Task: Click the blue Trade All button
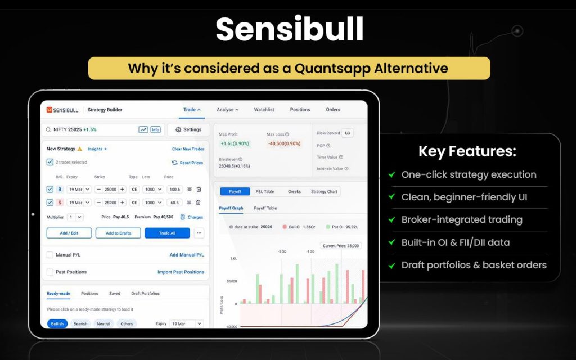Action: coord(167,233)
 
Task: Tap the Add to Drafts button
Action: coord(118,233)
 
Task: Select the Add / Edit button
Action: coord(69,233)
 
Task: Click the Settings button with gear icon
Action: coord(188,129)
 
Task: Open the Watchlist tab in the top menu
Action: coord(264,110)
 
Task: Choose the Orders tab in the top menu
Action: coord(333,110)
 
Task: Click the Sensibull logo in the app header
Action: coord(62,110)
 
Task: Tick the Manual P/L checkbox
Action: coord(50,255)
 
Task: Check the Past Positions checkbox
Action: coord(50,272)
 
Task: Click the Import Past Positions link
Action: coord(181,272)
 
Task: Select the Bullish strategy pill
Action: coord(57,324)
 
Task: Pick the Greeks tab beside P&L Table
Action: coord(295,191)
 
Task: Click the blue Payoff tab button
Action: coord(235,191)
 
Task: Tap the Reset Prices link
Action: coord(187,163)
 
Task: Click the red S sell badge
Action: coord(60,202)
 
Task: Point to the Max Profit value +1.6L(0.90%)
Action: coord(235,143)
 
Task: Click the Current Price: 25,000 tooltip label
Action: coord(340,246)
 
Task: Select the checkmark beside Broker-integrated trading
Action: coord(391,220)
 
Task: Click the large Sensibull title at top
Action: coord(289,29)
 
